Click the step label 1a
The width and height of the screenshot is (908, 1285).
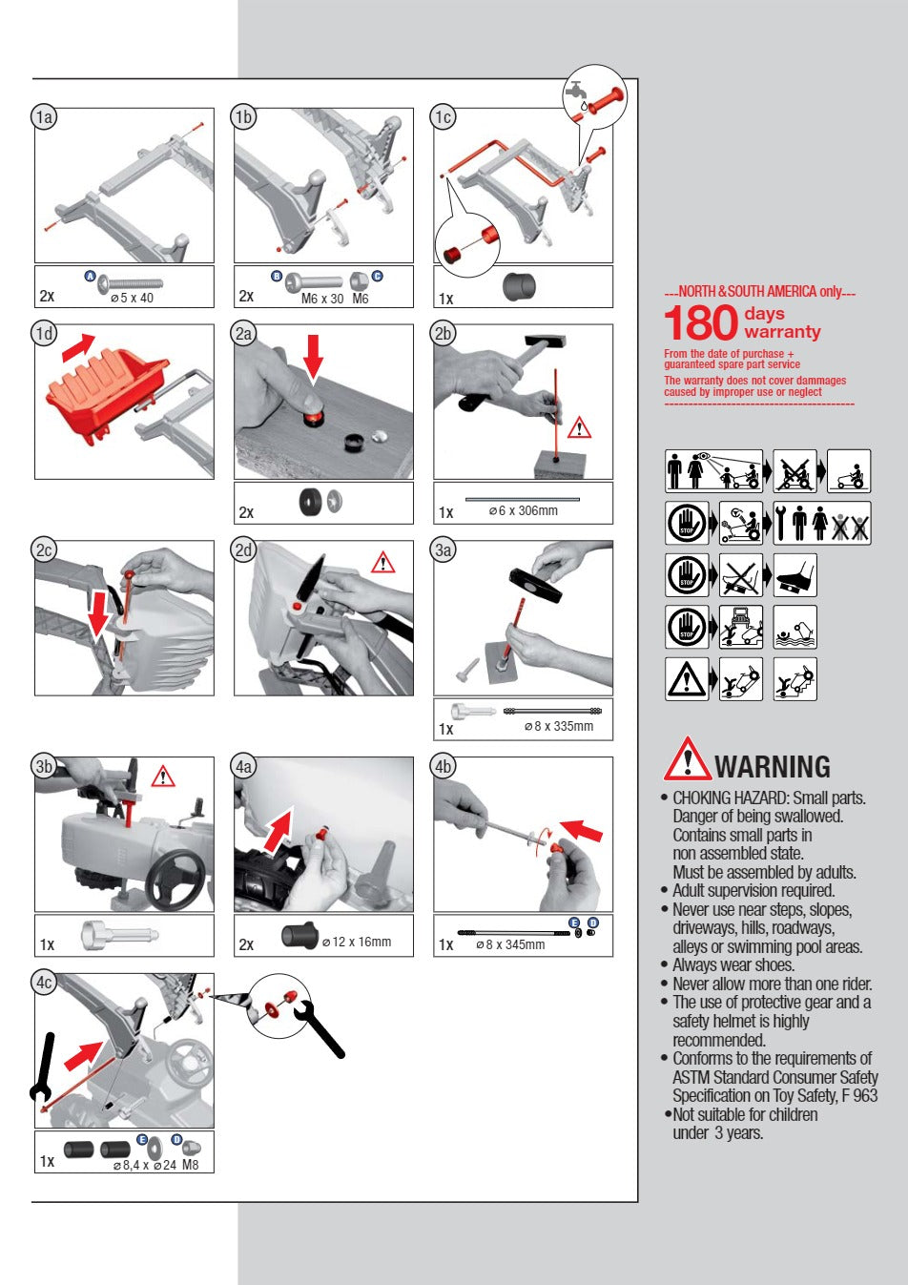pos(44,117)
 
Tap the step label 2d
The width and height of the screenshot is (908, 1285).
pos(243,550)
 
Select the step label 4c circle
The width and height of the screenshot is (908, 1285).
pos(44,983)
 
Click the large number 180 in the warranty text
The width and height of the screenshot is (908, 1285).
pos(700,322)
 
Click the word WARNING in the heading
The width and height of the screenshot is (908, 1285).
pos(772,767)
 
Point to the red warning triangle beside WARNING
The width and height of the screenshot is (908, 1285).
pos(687,759)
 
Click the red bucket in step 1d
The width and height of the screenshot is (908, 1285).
pos(106,391)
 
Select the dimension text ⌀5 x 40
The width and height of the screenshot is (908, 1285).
pos(132,298)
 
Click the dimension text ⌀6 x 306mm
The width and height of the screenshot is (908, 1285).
pos(523,510)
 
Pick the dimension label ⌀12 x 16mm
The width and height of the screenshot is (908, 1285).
pos(356,942)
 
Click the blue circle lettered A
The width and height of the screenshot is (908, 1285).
pos(90,276)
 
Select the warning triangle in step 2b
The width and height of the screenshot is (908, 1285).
pos(579,427)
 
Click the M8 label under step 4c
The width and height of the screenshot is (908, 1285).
pos(190,1165)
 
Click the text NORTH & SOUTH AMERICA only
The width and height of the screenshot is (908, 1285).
pos(760,291)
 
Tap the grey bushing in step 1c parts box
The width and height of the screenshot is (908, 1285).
pos(519,286)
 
